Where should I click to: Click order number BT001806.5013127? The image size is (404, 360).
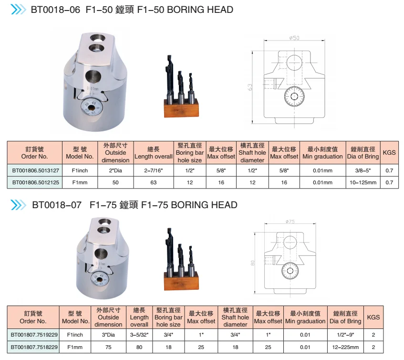36,170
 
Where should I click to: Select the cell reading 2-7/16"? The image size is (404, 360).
153,170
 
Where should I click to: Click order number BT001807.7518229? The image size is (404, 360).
34,347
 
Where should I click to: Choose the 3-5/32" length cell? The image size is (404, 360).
139,335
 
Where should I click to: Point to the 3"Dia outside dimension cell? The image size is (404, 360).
108,335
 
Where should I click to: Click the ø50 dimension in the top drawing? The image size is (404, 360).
294,38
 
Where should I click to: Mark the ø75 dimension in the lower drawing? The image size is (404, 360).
290,221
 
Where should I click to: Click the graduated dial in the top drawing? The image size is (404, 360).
294,98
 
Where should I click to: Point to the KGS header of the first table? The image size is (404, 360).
389,153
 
